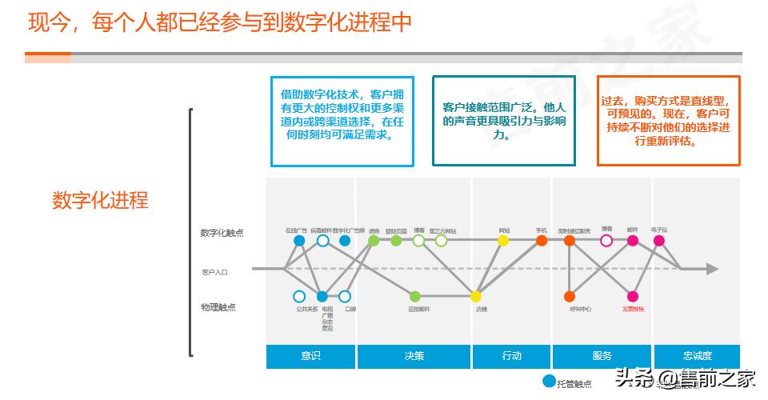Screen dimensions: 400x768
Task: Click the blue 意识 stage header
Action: [x=310, y=356]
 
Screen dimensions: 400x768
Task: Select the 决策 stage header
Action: [x=414, y=356]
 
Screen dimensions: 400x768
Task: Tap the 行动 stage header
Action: [x=511, y=356]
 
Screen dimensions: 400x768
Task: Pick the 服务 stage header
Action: [x=602, y=356]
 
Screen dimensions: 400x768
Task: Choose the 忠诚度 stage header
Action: [x=697, y=356]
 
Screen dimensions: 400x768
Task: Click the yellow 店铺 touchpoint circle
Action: [x=476, y=296]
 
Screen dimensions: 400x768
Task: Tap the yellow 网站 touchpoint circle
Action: [x=503, y=240]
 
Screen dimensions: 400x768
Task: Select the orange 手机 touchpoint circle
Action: [x=542, y=240]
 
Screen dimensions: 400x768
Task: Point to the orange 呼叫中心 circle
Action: [x=570, y=296]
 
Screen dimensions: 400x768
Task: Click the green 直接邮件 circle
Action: [x=414, y=296]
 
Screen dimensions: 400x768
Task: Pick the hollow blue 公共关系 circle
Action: [x=299, y=296]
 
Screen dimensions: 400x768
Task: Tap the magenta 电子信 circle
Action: [x=659, y=240]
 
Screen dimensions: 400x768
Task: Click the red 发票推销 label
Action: [x=633, y=309]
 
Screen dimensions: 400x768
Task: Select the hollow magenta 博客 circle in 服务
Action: [x=606, y=240]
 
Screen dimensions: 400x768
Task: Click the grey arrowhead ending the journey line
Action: [x=711, y=269]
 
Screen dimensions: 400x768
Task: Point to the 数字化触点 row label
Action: [x=222, y=233]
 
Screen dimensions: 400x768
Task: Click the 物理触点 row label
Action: [x=218, y=307]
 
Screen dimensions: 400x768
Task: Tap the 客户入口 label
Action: [x=215, y=272]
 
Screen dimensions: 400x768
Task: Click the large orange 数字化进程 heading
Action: [x=100, y=200]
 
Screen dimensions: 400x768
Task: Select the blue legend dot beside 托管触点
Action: [x=548, y=382]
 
